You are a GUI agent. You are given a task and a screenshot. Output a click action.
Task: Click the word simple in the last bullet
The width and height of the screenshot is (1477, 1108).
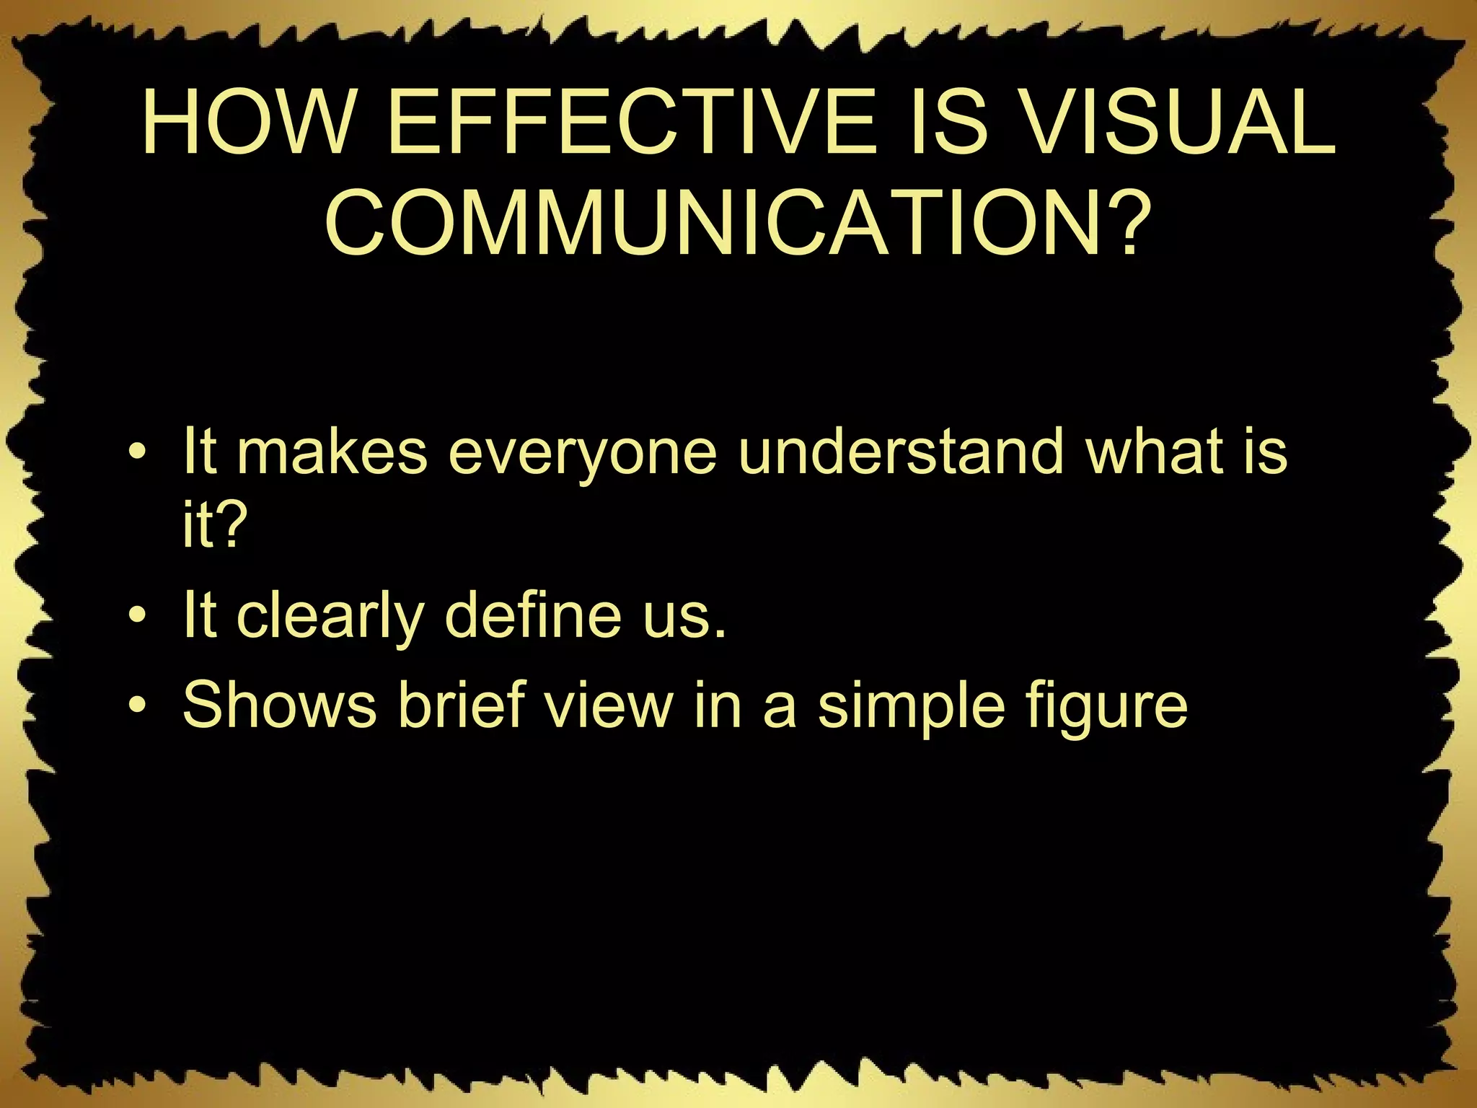(x=910, y=707)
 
